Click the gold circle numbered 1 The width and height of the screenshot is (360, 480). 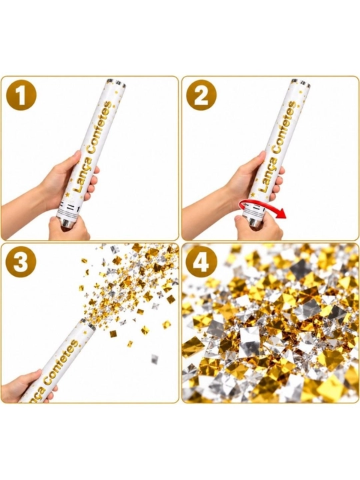[x=21, y=96]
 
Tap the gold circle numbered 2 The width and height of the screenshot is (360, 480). [x=202, y=96]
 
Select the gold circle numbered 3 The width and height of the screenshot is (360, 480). [x=21, y=263]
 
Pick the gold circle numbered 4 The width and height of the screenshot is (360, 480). [x=202, y=263]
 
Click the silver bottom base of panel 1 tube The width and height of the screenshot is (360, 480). [x=67, y=222]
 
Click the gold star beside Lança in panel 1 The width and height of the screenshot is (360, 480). [x=67, y=195]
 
